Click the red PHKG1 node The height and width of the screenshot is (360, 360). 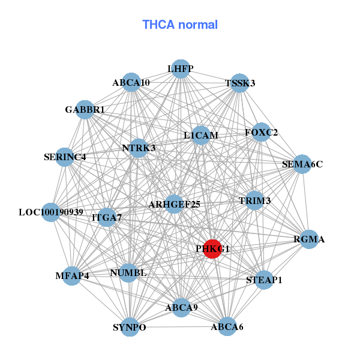pyautogui.click(x=212, y=248)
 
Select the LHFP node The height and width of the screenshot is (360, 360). pyautogui.click(x=181, y=69)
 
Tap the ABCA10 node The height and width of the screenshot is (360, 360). pyautogui.click(x=131, y=82)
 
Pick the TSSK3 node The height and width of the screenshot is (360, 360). pyautogui.click(x=239, y=83)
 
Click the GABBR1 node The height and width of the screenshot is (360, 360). pyautogui.click(x=85, y=110)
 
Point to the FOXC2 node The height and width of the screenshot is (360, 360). pyautogui.click(x=260, y=132)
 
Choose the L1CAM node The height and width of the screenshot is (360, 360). pyautogui.click(x=201, y=136)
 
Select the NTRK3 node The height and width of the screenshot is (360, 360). pyautogui.click(x=139, y=148)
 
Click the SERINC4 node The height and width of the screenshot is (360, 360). pyautogui.click(x=65, y=157)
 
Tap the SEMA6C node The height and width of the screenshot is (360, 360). pyautogui.click(x=302, y=164)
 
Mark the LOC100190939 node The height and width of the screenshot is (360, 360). pyautogui.click(x=51, y=212)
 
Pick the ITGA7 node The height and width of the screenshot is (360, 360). pyautogui.click(x=107, y=217)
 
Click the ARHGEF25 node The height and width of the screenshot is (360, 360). pyautogui.click(x=174, y=205)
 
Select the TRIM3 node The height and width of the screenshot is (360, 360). pyautogui.click(x=255, y=200)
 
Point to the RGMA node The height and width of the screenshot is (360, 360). pyautogui.click(x=309, y=239)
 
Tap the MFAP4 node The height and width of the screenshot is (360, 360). pyautogui.click(x=72, y=276)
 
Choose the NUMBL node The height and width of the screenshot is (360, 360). pyautogui.click(x=128, y=273)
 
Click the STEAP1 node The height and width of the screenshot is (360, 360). pyautogui.click(x=264, y=280)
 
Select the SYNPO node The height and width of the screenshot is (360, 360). pyautogui.click(x=130, y=327)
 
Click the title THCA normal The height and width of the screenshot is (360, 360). pyautogui.click(x=180, y=25)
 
